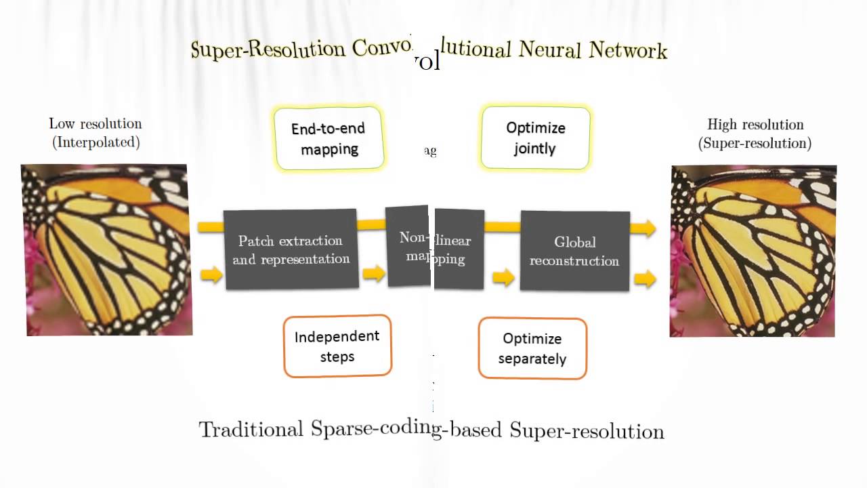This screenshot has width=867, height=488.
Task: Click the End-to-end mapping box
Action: coord(329,138)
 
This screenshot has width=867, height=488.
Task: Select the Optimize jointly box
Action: coord(535,138)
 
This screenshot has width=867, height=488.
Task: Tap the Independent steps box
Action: coord(337,346)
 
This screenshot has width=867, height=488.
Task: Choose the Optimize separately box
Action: coord(532,348)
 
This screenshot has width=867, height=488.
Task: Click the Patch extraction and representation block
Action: coord(291,249)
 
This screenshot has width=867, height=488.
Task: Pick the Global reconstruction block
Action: coord(574,251)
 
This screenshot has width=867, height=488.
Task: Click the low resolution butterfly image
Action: coord(107,249)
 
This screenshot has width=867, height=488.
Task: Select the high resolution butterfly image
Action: coord(753,251)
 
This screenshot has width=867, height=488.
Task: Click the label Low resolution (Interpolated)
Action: coord(96,133)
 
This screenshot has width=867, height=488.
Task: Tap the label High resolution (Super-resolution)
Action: coord(755,134)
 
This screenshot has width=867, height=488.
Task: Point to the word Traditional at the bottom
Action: coord(251,429)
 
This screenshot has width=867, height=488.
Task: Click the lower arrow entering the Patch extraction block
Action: coord(211,274)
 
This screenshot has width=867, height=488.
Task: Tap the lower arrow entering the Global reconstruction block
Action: coord(503,277)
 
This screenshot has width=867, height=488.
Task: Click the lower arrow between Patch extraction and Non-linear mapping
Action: coord(373,274)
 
